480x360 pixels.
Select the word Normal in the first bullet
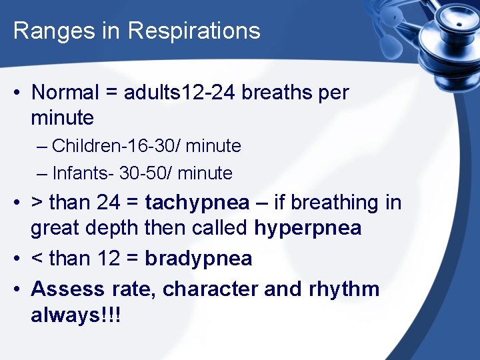(65, 93)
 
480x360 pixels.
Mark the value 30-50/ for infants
(147, 174)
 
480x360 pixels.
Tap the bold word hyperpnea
(308, 229)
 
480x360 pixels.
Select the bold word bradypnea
(199, 259)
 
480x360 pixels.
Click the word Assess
(67, 289)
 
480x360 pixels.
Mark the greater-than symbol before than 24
(37, 203)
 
